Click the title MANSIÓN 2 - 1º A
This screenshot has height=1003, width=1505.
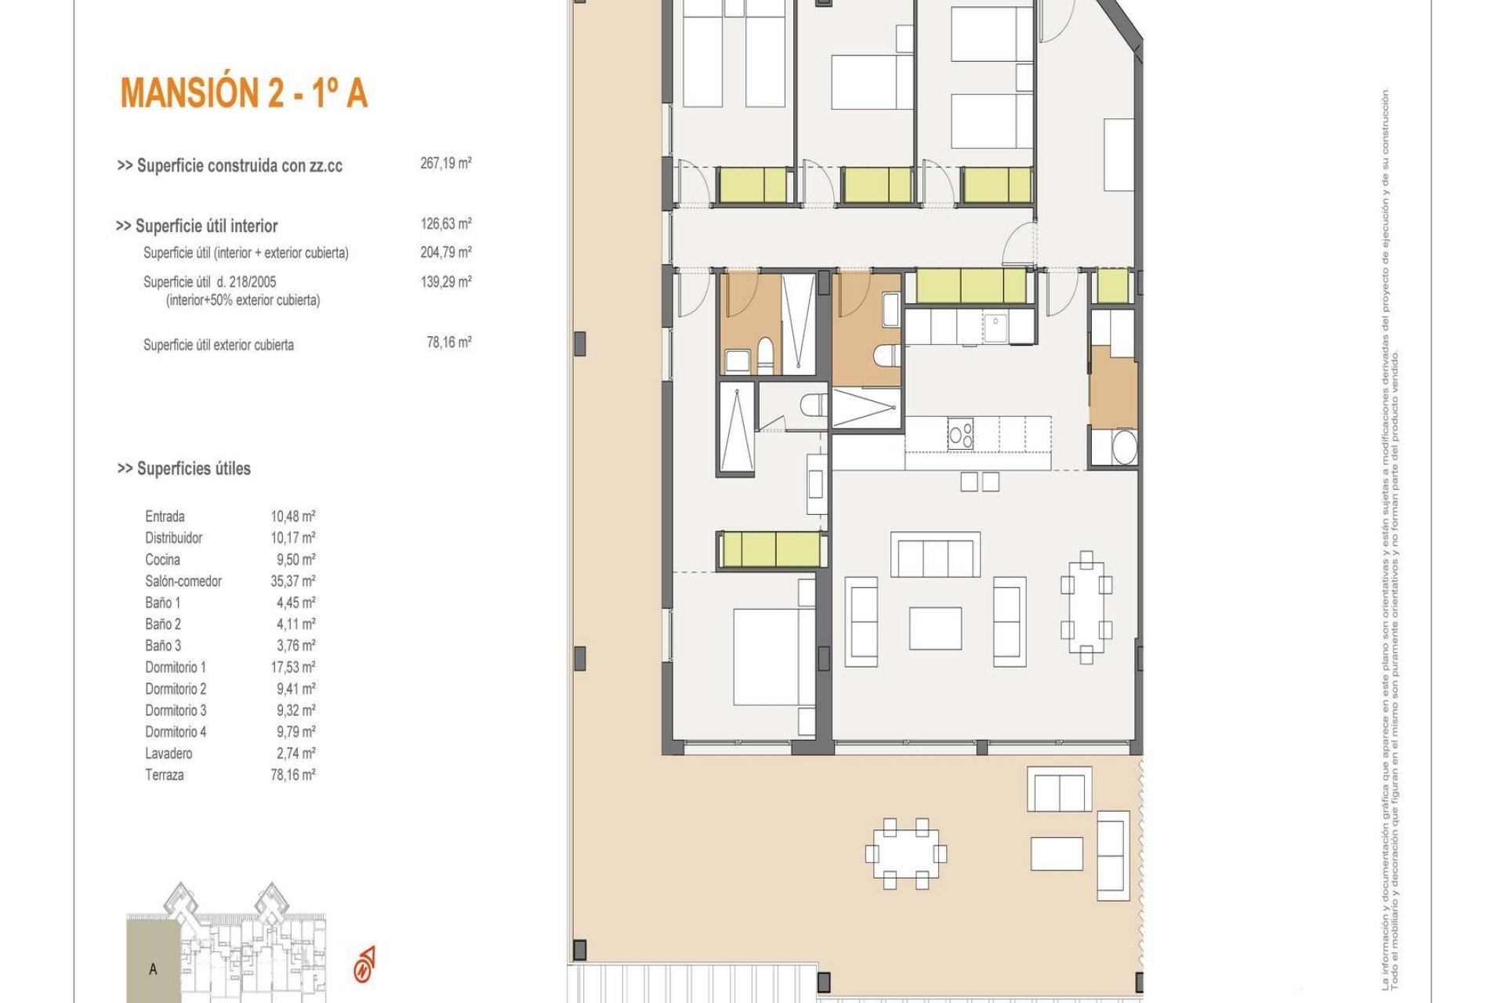coord(244,92)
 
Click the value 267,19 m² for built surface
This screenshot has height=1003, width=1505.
coord(445,164)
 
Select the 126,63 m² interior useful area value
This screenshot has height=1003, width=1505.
coord(445,224)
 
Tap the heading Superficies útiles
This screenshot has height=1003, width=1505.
coord(184,469)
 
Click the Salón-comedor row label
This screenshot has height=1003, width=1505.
coord(183,581)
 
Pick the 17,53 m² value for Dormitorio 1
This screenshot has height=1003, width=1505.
coord(292,668)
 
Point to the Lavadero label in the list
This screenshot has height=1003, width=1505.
coord(169,754)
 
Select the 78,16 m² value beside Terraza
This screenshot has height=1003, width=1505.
coord(292,775)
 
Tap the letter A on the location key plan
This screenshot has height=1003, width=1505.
coord(153,969)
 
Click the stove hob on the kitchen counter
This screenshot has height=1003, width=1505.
coord(960,434)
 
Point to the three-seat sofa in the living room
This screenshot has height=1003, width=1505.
coord(935,556)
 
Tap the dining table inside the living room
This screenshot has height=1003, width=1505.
coord(1086,607)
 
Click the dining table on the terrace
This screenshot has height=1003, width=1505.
coord(905,853)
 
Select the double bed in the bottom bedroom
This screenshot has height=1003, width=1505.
coord(766,657)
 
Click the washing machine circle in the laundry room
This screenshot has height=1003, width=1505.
coord(1124,447)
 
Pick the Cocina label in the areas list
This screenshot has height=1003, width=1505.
coord(162,559)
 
